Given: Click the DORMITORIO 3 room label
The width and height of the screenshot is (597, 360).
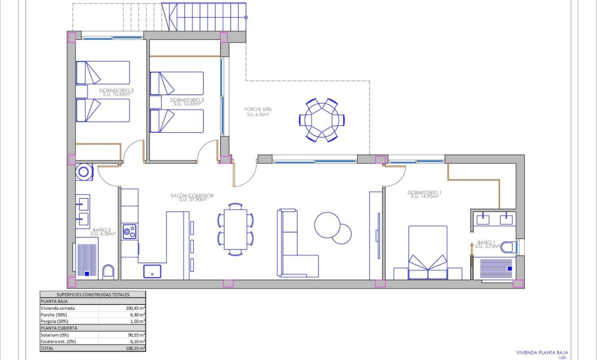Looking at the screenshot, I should [x=116, y=91].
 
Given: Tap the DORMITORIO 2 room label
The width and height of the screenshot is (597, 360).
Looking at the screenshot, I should [x=187, y=100].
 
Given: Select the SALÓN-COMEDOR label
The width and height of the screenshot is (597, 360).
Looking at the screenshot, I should [x=192, y=196].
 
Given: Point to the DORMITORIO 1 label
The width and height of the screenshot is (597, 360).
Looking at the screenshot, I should [x=425, y=193].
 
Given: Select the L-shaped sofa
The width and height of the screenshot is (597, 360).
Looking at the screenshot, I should [x=295, y=250].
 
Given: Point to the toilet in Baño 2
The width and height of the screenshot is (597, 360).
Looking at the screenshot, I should [x=108, y=272].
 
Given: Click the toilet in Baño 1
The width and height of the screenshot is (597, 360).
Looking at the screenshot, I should [x=508, y=247].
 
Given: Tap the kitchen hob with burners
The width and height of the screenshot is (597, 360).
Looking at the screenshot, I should [x=129, y=232].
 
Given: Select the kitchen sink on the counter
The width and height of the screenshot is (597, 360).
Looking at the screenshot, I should [x=152, y=271].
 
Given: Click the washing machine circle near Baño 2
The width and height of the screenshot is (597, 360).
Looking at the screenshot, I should [x=84, y=172].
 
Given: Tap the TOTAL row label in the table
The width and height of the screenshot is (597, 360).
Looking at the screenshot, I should [x=48, y=348].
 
